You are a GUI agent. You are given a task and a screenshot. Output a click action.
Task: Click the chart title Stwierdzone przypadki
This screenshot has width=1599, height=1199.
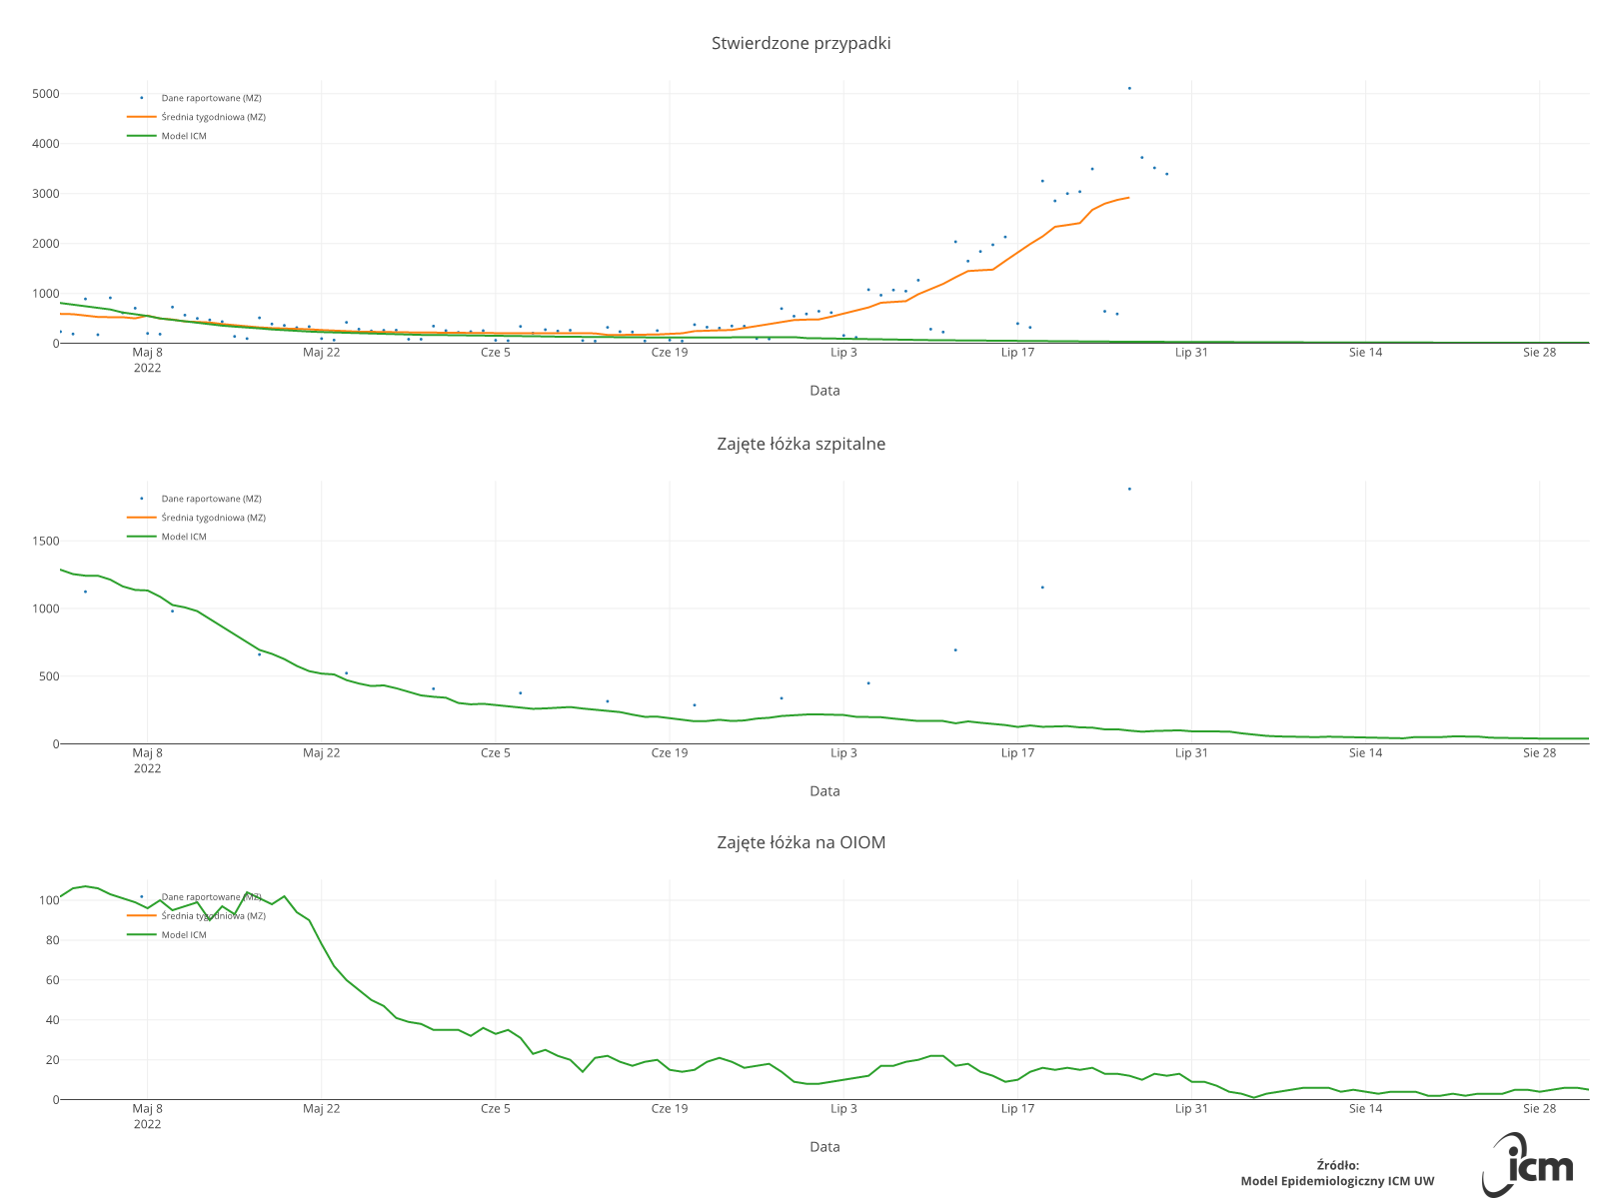pyautogui.click(x=800, y=43)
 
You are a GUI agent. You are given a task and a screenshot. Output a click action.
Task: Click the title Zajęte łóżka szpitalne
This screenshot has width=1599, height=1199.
pyautogui.click(x=800, y=444)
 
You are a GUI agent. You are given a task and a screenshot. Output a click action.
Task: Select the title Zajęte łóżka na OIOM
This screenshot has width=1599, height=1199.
pyautogui.click(x=800, y=842)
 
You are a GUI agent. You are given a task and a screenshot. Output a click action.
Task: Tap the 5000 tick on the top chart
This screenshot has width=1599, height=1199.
pyautogui.click(x=46, y=94)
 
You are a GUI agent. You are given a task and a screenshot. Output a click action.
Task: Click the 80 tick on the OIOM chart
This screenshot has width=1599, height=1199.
pyautogui.click(x=50, y=940)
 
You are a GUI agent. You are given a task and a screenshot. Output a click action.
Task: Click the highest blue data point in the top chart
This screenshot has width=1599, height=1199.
pyautogui.click(x=1129, y=88)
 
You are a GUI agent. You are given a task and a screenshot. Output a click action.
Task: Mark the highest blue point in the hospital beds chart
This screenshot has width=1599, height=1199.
pyautogui.click(x=1129, y=489)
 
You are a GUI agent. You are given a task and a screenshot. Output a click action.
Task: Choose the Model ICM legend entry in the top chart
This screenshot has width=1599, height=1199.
pyautogui.click(x=184, y=136)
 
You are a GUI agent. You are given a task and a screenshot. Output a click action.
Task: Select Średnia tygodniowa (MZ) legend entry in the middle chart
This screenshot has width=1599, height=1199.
pyautogui.click(x=213, y=518)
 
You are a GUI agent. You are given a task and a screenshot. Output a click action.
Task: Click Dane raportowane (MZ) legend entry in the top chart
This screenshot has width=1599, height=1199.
pyautogui.click(x=211, y=98)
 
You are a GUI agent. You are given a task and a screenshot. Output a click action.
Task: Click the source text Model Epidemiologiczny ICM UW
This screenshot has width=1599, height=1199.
pyautogui.click(x=1337, y=1181)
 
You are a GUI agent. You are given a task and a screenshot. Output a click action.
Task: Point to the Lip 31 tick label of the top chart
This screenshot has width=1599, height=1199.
pyautogui.click(x=1191, y=353)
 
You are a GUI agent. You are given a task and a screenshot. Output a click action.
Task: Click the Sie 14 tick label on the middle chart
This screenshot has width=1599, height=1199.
pyautogui.click(x=1365, y=753)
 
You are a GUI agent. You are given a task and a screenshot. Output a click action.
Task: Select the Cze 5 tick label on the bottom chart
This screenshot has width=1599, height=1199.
pyautogui.click(x=495, y=1109)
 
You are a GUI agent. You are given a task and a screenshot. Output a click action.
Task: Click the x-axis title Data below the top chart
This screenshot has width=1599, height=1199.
pyautogui.click(x=824, y=391)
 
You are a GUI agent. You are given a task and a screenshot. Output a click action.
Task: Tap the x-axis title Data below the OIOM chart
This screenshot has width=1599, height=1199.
pyautogui.click(x=824, y=1147)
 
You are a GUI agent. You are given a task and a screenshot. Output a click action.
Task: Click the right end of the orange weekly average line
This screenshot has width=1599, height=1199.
pyautogui.click(x=1128, y=197)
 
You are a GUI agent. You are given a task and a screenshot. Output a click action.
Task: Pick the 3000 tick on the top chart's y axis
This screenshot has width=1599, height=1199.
pyautogui.click(x=46, y=194)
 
